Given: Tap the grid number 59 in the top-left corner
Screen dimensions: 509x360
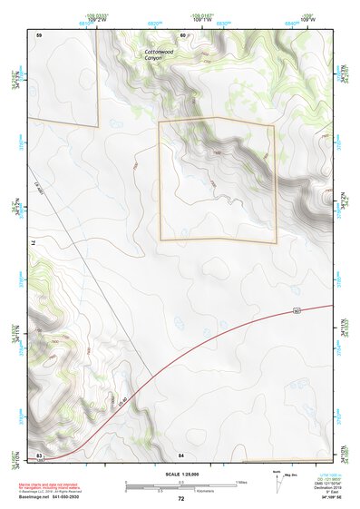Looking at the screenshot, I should click(x=39, y=34).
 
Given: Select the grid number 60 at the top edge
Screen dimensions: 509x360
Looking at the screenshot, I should click(x=182, y=34).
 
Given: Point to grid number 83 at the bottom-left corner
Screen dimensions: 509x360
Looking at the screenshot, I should click(x=39, y=454).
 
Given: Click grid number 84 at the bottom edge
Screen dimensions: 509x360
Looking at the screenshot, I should click(x=181, y=454).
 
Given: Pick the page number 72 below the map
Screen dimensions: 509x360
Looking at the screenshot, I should click(x=180, y=498).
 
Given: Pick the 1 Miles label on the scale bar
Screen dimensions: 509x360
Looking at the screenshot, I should click(x=240, y=481).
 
